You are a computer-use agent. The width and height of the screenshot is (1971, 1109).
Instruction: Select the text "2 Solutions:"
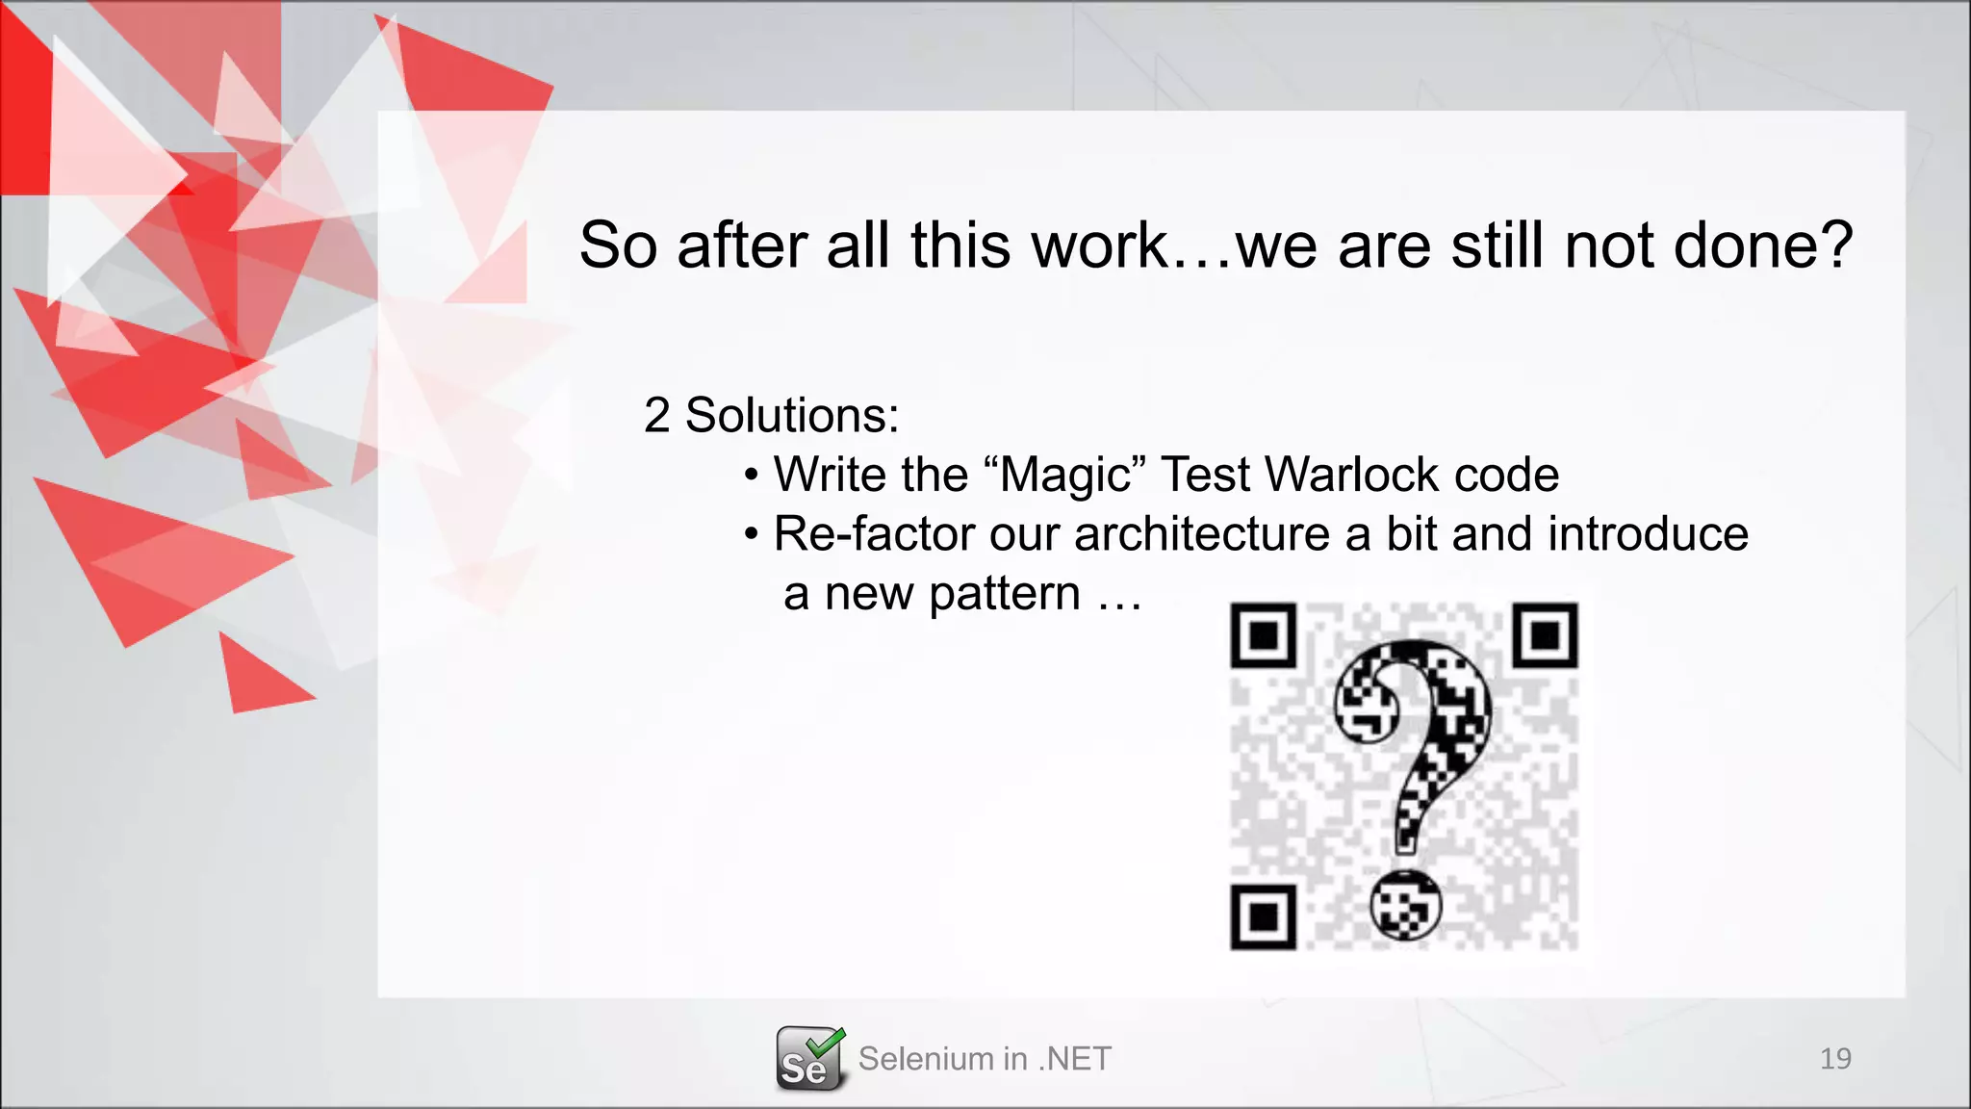pos(771,416)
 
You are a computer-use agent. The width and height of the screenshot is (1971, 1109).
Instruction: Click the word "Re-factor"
pos(873,534)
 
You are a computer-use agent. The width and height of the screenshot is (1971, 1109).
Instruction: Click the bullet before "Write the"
pos(752,476)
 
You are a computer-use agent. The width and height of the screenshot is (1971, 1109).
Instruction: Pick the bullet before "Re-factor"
pos(752,535)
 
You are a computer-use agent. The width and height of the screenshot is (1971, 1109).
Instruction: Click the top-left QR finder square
pos(1264,635)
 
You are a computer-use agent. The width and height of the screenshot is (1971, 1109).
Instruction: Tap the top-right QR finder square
pos(1545,635)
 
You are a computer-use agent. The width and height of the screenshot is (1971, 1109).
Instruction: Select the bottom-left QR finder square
pos(1264,916)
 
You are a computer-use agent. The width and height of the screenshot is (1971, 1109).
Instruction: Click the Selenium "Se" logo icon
pos(809,1059)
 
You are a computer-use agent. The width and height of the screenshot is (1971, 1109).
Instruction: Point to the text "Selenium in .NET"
pos(985,1059)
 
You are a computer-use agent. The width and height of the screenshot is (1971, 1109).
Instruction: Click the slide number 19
pos(1835,1059)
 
